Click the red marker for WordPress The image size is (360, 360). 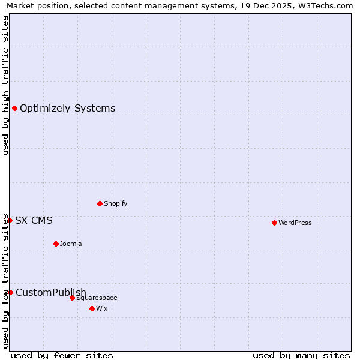274,223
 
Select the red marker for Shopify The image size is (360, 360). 100,203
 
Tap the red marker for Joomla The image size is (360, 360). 56,244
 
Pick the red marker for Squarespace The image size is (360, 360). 72,298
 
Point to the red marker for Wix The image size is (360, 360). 92,308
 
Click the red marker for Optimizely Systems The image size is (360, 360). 14,108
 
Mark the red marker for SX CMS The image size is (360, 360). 10,220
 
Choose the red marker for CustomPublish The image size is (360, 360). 10,292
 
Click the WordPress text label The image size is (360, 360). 295,223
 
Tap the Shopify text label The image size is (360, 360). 116,204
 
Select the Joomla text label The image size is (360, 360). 71,244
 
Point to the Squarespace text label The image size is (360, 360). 97,298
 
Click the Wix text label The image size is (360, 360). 101,309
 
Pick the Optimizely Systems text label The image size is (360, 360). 68,109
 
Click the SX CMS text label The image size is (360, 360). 34,221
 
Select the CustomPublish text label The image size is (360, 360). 51,293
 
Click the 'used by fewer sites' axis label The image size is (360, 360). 62,355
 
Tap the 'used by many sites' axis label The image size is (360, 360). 301,355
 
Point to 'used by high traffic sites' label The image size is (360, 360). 6,85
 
